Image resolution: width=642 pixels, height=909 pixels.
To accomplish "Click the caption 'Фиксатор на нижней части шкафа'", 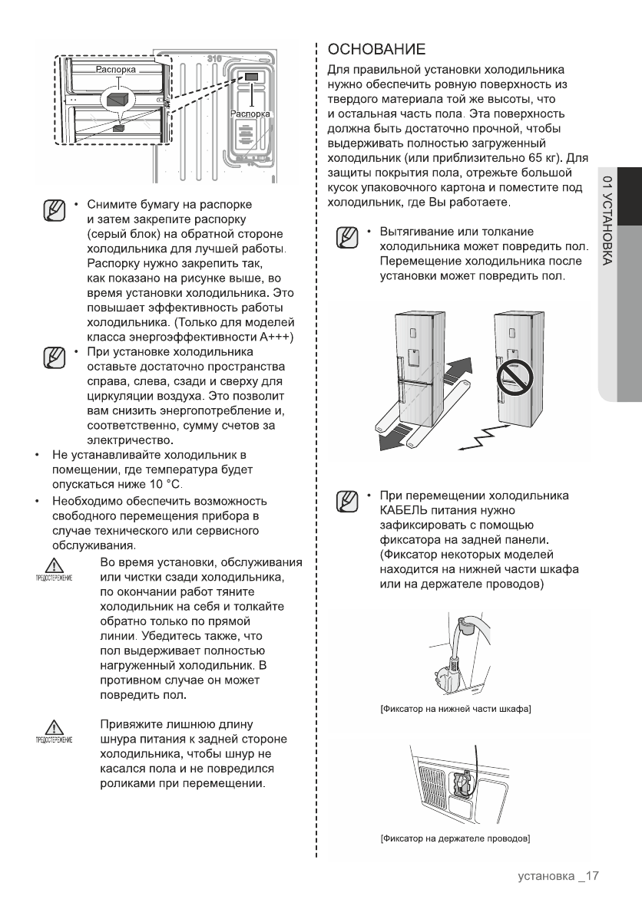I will tap(456, 707).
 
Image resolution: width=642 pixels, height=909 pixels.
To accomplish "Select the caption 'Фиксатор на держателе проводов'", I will tap(456, 837).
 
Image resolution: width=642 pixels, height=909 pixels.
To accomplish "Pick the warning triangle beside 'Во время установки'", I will tap(54, 567).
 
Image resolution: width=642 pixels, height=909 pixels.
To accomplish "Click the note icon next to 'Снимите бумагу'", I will tap(53, 209).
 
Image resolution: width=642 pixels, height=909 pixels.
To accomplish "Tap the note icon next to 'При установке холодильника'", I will tap(53, 357).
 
